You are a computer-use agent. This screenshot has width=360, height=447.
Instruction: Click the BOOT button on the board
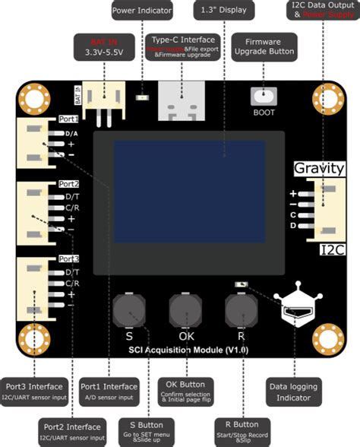263,98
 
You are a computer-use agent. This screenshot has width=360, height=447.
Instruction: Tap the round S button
128,310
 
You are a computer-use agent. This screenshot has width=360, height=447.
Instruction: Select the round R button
241,310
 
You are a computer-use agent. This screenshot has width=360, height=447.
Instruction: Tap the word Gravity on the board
319,167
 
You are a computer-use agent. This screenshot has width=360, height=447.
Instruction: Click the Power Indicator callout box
142,11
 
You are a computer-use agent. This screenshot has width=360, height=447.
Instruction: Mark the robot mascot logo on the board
295,308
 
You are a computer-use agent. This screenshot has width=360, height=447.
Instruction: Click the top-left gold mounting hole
33,98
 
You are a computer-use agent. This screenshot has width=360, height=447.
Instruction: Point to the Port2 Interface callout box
72,432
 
